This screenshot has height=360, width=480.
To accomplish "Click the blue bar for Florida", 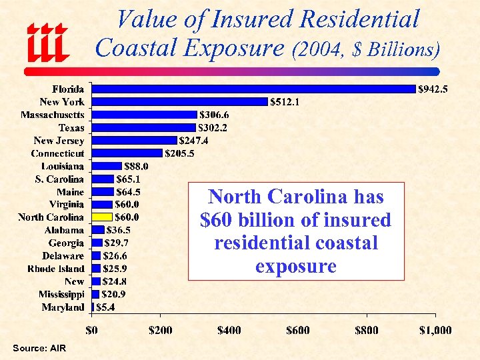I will pyautogui.click(x=253, y=89).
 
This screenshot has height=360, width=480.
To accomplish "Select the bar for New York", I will pyautogui.click(x=179, y=101).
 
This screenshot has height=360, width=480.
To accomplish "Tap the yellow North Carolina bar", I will pyautogui.click(x=102, y=217).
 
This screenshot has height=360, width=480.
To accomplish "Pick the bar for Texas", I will pyautogui.click(x=143, y=127).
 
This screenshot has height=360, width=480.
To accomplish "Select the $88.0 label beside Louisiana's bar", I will pyautogui.click(x=137, y=166).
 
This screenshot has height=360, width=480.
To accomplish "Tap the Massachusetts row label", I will pyautogui.click(x=53, y=115).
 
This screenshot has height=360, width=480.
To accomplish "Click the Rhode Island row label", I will pyautogui.click(x=56, y=269).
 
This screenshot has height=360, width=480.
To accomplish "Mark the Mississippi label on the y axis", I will pyautogui.click(x=61, y=294).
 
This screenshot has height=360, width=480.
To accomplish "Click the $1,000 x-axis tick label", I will pyautogui.click(x=435, y=330).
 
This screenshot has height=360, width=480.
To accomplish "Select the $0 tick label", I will pyautogui.click(x=92, y=330).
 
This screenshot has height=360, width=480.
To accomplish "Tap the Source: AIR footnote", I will pyautogui.click(x=39, y=349).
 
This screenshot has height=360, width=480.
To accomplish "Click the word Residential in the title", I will pyautogui.click(x=359, y=19).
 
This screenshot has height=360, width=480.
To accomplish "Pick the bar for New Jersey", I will pyautogui.click(x=134, y=140).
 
